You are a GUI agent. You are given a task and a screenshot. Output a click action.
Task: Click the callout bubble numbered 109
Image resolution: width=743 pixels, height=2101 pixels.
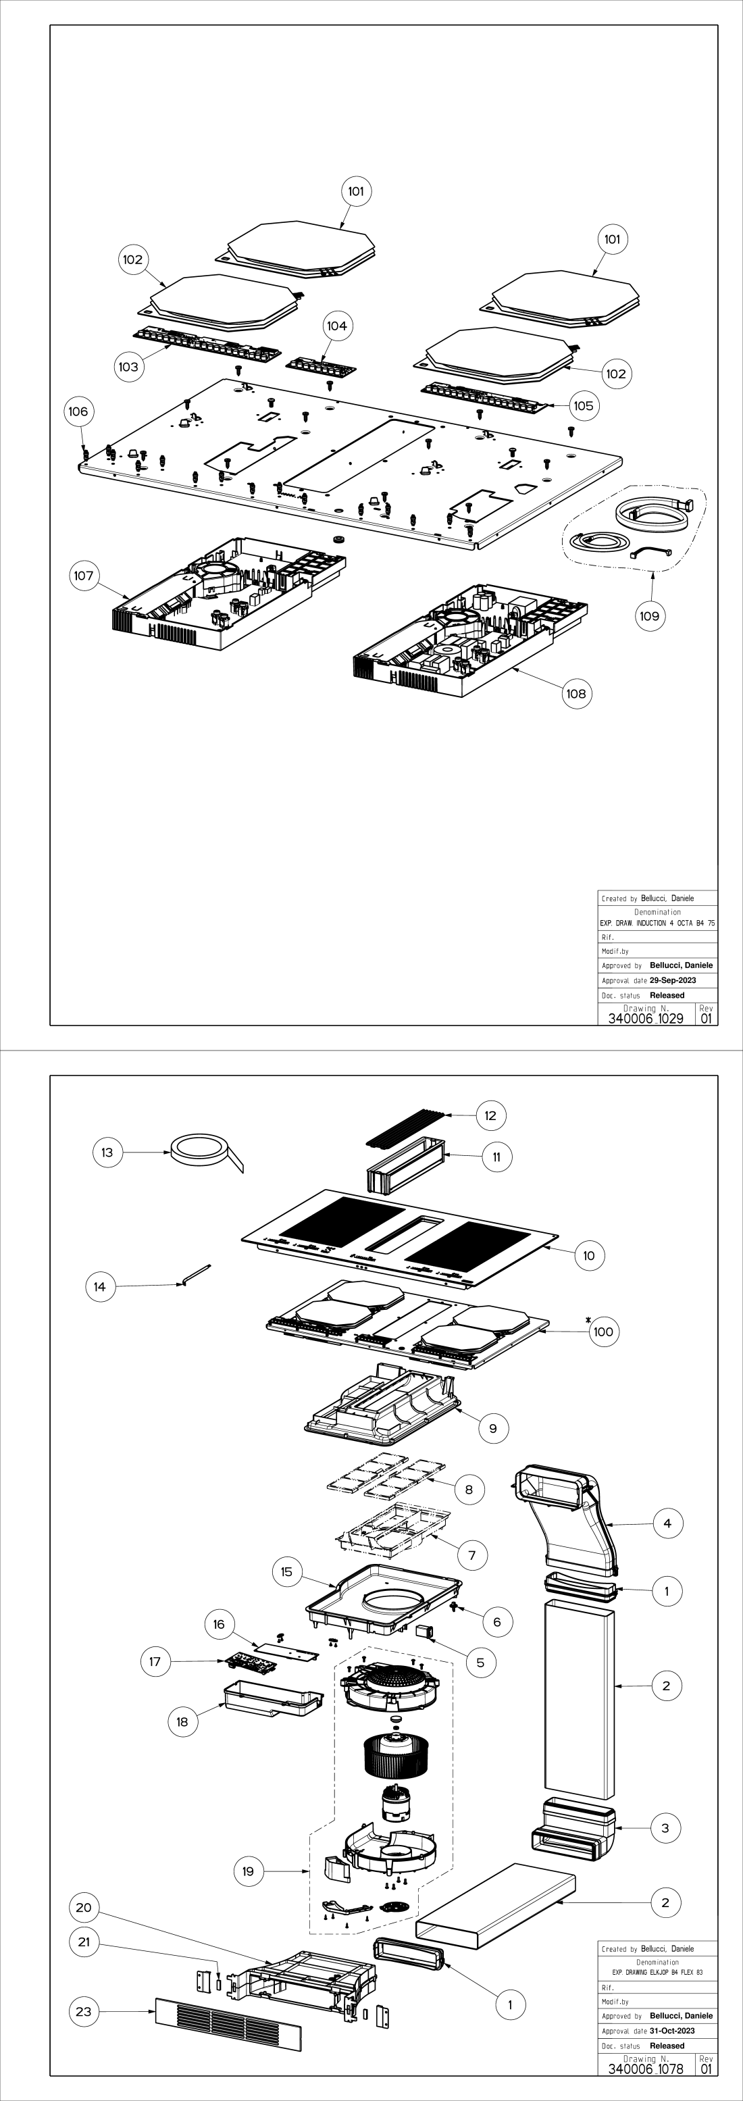click(x=649, y=616)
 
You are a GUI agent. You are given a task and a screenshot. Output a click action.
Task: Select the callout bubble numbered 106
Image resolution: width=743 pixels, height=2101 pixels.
click(x=78, y=411)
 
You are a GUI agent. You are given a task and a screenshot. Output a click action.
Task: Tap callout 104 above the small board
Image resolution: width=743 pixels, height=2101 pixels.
click(x=337, y=326)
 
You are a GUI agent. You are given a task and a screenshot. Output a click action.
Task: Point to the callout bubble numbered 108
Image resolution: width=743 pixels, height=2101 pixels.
click(x=575, y=693)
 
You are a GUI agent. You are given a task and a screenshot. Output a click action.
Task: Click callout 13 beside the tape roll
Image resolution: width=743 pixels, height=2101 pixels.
click(x=107, y=1153)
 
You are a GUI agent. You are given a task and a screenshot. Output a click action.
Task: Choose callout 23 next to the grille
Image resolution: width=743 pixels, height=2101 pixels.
click(x=84, y=2011)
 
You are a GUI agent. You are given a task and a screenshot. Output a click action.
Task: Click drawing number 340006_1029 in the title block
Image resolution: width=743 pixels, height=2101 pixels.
click(x=646, y=1019)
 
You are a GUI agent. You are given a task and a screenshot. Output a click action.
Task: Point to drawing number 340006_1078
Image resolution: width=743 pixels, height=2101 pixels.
click(x=646, y=2069)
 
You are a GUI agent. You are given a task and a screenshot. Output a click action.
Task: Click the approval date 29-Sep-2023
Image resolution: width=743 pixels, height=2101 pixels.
click(x=673, y=980)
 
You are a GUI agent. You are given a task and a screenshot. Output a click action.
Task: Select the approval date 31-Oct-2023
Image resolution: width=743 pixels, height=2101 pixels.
click(x=673, y=2031)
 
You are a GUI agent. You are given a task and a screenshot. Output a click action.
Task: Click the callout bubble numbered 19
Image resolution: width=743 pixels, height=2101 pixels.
click(x=249, y=1871)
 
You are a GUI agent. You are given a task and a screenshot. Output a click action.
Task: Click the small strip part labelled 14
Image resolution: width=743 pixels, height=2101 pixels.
click(x=196, y=1274)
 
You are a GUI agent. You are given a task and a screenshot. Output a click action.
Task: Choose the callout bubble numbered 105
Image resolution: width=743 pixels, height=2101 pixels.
click(x=583, y=405)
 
